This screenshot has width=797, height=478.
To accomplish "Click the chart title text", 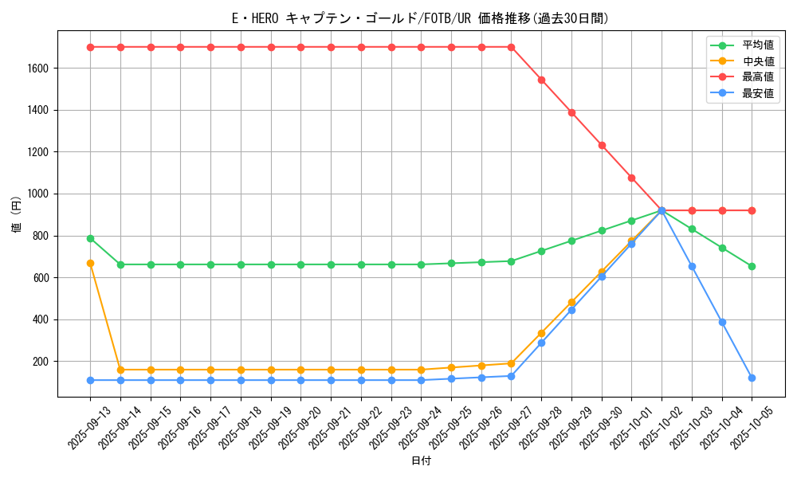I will pyautogui.click(x=421, y=18).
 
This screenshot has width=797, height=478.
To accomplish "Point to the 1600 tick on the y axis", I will pyautogui.click(x=39, y=69).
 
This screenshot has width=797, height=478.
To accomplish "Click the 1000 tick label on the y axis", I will pyautogui.click(x=39, y=194).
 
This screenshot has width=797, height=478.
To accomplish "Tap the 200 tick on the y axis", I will pyautogui.click(x=41, y=362).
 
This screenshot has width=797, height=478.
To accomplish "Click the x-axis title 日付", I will pyautogui.click(x=421, y=461).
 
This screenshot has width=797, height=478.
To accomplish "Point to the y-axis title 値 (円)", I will pyautogui.click(x=17, y=215).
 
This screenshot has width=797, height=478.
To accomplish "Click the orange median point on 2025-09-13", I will pyautogui.click(x=90, y=263).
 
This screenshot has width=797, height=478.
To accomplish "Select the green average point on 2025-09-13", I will pyautogui.click(x=90, y=238).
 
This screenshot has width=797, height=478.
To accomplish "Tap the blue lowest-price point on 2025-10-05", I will pyautogui.click(x=752, y=378).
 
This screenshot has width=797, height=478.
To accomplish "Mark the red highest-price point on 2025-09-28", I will pyautogui.click(x=541, y=80).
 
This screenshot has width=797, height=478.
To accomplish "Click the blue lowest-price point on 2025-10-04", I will pyautogui.click(x=722, y=322).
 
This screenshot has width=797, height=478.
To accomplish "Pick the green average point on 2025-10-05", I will pyautogui.click(x=752, y=266).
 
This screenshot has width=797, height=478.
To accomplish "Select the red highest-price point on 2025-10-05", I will pyautogui.click(x=752, y=210).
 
